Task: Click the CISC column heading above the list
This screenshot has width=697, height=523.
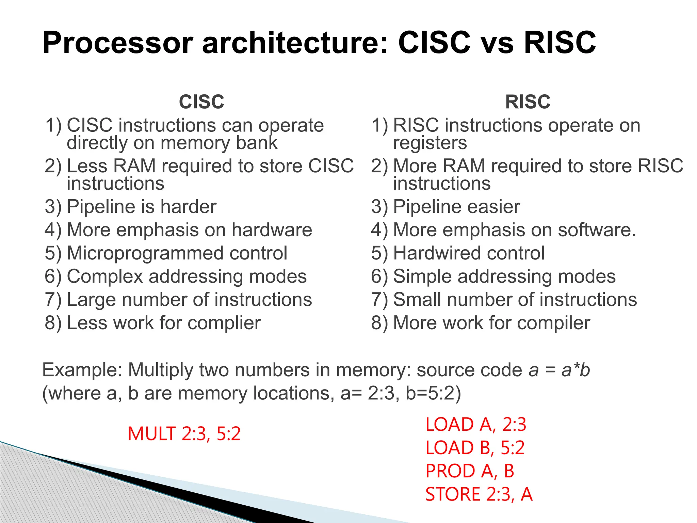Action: [x=201, y=102]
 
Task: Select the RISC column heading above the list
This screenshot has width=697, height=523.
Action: [x=528, y=102]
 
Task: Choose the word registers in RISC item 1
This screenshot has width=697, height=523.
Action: [x=430, y=143]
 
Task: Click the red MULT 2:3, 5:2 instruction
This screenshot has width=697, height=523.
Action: [x=184, y=434]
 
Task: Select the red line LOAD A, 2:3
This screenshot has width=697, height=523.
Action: [x=476, y=425]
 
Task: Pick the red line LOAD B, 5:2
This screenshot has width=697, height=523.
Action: [x=475, y=448]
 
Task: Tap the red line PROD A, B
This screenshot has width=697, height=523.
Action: [x=470, y=471]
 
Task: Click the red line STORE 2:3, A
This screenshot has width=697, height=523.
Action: [x=479, y=494]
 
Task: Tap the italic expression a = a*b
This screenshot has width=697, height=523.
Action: [x=559, y=370]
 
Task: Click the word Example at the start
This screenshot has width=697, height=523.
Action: [x=82, y=370]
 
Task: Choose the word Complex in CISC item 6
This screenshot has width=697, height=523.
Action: [x=105, y=276]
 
